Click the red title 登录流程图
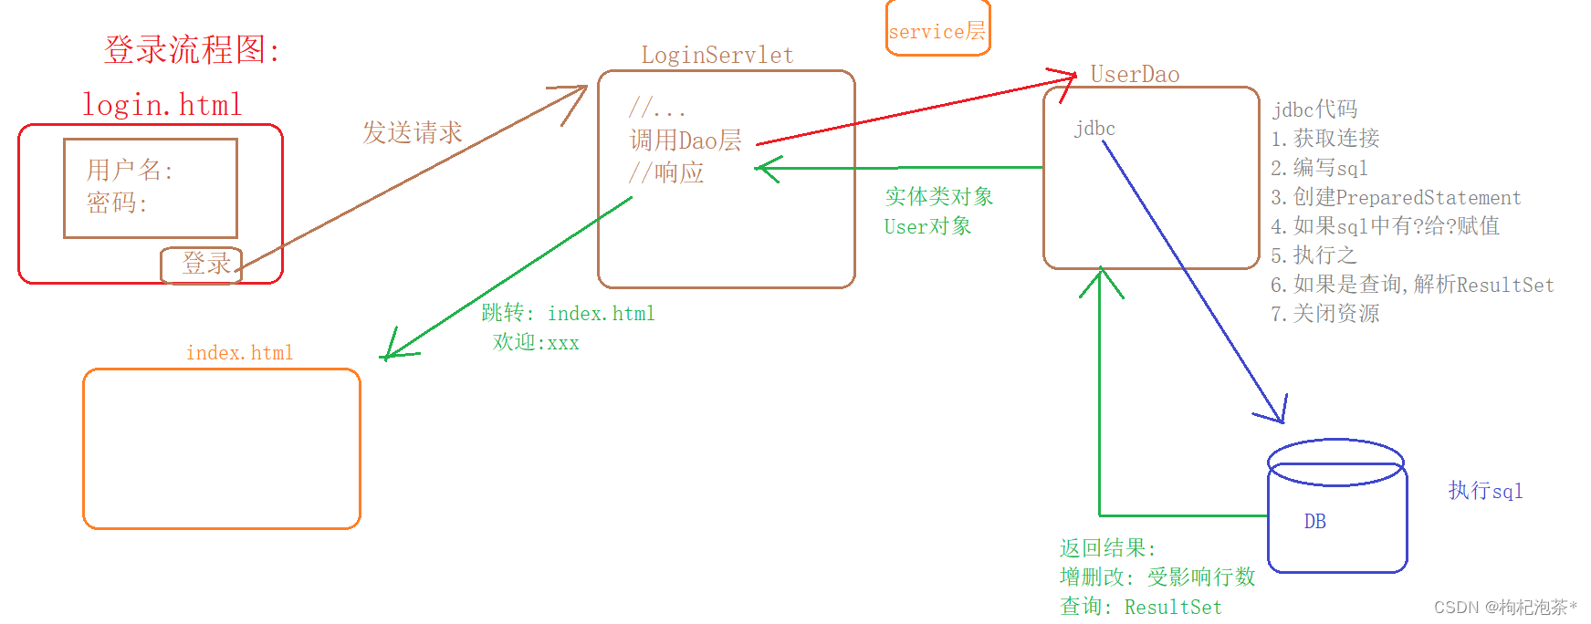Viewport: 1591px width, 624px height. click(x=192, y=49)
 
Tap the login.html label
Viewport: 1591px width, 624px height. click(x=162, y=105)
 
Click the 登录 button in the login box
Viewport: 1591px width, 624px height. click(x=203, y=265)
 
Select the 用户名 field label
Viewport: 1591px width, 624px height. click(x=129, y=170)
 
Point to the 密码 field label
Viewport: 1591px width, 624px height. click(x=116, y=203)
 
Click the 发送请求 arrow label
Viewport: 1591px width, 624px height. click(x=413, y=133)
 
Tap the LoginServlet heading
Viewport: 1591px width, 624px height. click(x=717, y=56)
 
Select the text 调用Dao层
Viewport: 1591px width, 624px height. click(x=685, y=140)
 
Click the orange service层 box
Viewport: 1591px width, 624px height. click(x=937, y=30)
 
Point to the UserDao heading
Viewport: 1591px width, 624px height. click(x=1135, y=75)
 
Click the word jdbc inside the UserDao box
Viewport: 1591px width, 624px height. click(x=1094, y=129)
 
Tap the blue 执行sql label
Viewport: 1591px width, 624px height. click(x=1485, y=491)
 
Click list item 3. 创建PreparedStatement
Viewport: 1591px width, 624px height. click(x=1396, y=198)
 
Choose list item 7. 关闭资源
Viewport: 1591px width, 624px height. click(x=1324, y=314)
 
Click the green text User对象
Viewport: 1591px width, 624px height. click(x=927, y=226)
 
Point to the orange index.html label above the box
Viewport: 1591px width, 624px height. click(x=240, y=353)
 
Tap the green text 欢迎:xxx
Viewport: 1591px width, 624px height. click(x=536, y=343)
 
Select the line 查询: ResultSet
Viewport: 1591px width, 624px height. click(x=1140, y=607)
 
